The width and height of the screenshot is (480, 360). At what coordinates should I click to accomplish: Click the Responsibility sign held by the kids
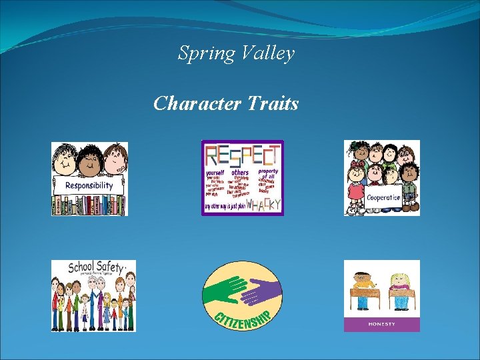[x=89, y=185]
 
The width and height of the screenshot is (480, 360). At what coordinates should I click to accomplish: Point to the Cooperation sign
[x=383, y=197]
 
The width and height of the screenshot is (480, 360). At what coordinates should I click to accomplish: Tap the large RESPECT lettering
[x=242, y=155]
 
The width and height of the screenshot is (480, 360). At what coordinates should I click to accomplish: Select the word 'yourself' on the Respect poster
[x=217, y=173]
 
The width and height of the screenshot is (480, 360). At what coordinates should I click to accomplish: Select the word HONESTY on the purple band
[x=381, y=324]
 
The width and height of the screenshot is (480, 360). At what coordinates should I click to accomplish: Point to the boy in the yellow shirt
[x=363, y=287]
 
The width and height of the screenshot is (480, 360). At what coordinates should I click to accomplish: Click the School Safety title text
[x=95, y=268]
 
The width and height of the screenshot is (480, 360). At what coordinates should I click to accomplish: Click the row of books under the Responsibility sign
[x=89, y=205]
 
